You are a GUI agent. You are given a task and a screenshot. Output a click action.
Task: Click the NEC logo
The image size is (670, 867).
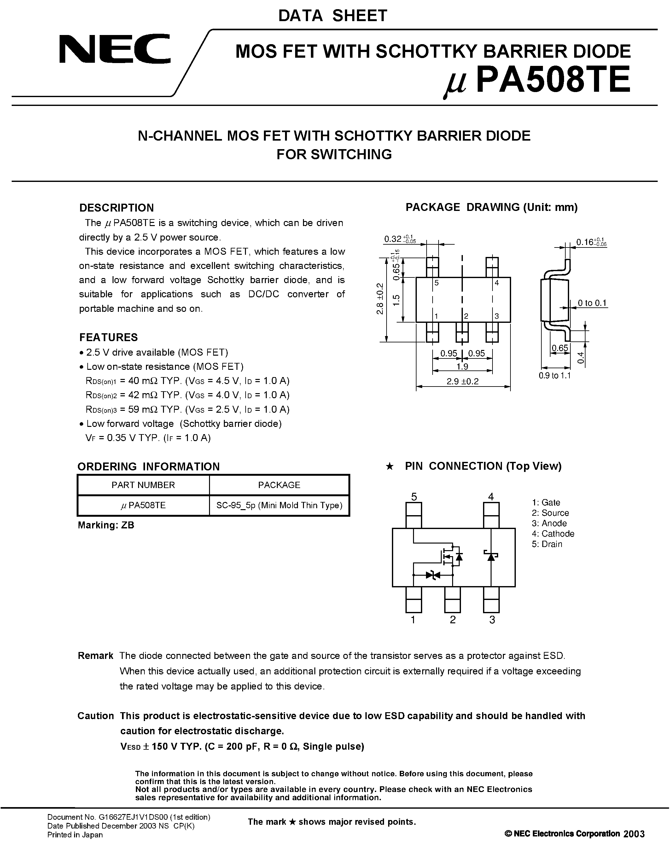[x=115, y=49]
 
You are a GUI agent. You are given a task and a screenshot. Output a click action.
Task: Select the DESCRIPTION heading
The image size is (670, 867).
[x=116, y=208]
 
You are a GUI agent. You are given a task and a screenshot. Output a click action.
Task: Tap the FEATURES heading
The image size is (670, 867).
[x=108, y=337]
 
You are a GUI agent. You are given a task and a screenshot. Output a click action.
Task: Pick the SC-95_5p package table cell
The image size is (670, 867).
[x=279, y=505]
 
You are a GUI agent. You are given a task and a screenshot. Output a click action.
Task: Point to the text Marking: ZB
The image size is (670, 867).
[x=106, y=525]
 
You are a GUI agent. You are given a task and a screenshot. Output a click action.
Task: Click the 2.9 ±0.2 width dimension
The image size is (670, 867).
[x=463, y=381]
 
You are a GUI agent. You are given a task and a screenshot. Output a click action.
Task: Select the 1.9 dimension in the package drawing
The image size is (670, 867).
[x=463, y=366]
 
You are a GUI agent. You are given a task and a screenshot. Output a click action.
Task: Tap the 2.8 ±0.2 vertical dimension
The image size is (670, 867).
[x=380, y=299]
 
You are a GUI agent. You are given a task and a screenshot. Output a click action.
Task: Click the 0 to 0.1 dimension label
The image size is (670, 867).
[x=592, y=303]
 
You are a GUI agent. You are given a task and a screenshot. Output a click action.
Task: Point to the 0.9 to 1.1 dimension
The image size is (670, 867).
[x=555, y=375]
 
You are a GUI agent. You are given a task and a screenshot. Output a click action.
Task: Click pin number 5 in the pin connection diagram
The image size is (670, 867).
[x=414, y=497]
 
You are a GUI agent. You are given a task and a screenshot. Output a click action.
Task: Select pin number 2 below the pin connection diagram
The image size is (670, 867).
[x=452, y=620]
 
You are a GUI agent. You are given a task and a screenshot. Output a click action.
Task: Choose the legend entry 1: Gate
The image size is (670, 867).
[x=546, y=503]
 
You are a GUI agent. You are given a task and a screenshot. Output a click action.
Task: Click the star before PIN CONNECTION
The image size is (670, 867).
[x=389, y=467]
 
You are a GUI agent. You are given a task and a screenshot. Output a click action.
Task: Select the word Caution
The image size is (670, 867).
[x=96, y=716]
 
